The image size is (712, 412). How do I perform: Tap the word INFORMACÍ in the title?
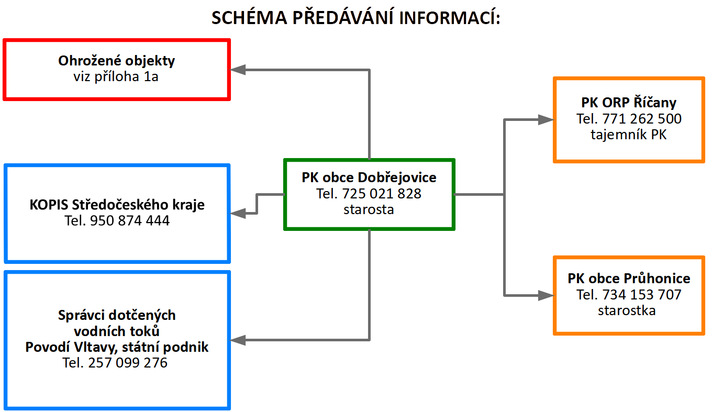(x=449, y=17)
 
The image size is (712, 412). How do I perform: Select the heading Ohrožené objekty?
(x=116, y=61)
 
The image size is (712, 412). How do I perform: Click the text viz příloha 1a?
(x=116, y=76)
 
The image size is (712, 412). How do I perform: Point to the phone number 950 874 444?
(x=130, y=220)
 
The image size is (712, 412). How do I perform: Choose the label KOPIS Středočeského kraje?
(x=117, y=205)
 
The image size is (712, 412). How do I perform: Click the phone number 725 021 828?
(x=382, y=194)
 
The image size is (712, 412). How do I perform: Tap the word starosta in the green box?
(x=369, y=209)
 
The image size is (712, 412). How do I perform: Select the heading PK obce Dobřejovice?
(x=369, y=177)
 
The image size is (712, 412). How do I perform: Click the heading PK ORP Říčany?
(x=629, y=103)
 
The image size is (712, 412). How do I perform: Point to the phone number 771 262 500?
(x=642, y=119)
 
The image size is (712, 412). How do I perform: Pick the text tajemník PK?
(x=628, y=135)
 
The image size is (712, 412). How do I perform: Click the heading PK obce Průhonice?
(x=629, y=279)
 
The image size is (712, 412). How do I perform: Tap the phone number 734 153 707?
(x=642, y=295)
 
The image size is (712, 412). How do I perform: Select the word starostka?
(x=627, y=310)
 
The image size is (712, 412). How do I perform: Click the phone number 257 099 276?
(x=128, y=363)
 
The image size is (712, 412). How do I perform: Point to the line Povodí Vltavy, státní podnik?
(x=117, y=347)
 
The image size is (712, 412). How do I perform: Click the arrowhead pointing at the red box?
(x=238, y=70)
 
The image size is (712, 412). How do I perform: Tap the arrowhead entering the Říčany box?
(x=546, y=119)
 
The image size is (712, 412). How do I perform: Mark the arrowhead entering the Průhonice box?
(x=546, y=295)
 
